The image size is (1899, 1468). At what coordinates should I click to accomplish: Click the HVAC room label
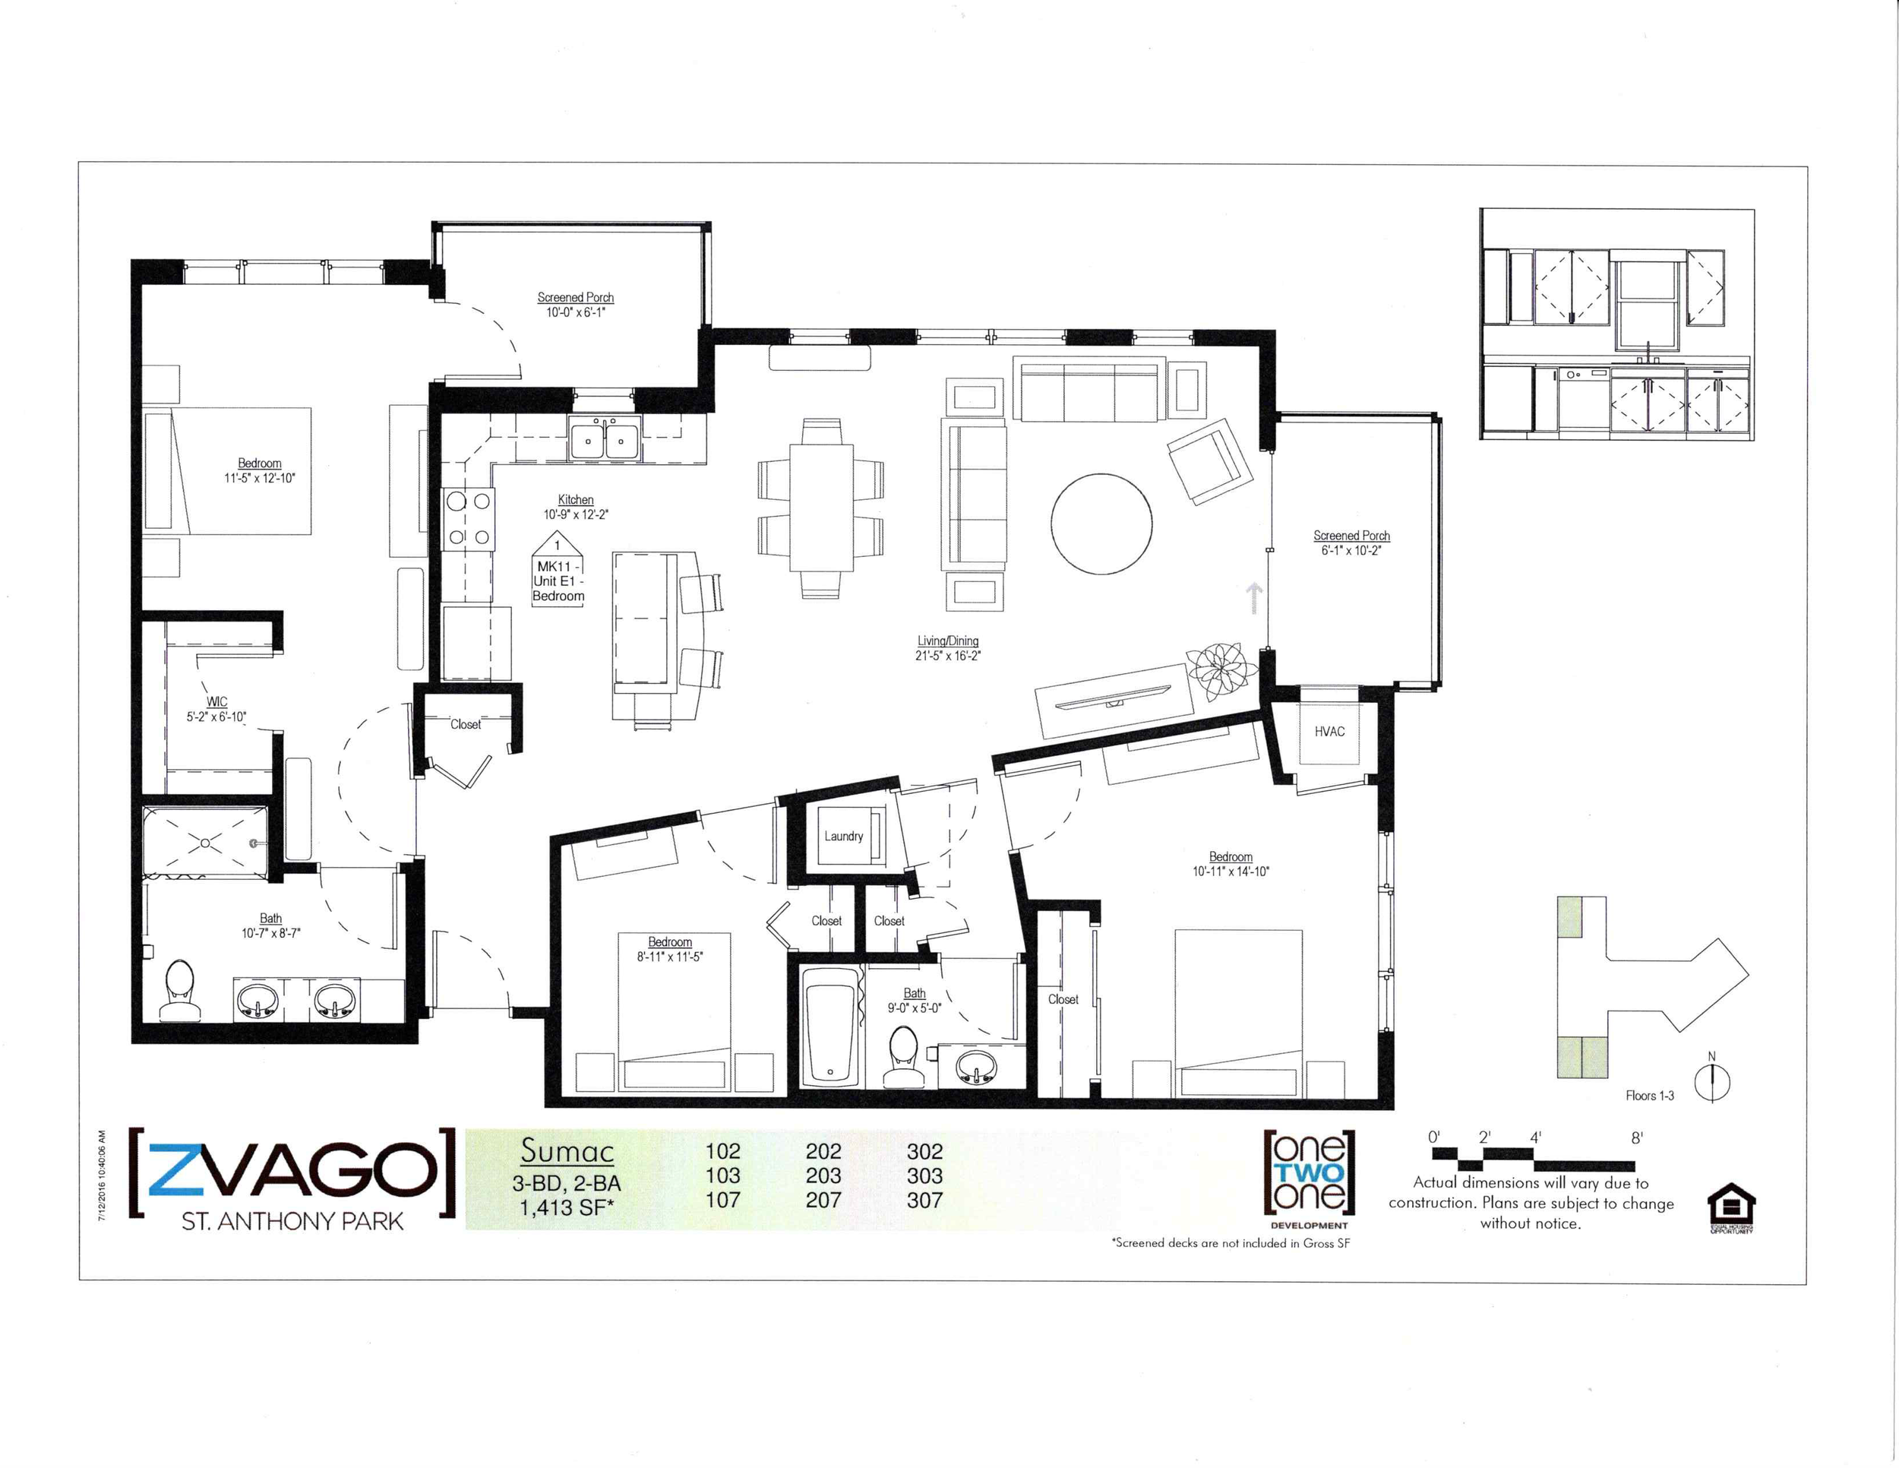tap(1329, 732)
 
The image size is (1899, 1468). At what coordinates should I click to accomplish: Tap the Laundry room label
tap(843, 836)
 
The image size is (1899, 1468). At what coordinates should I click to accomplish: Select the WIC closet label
tap(216, 702)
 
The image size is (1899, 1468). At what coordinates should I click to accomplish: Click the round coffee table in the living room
tap(1101, 524)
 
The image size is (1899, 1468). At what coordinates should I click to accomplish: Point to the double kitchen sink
tap(605, 438)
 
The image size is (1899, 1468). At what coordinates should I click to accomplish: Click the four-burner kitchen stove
tap(469, 519)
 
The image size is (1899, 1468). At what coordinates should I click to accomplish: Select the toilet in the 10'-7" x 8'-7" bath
tap(180, 989)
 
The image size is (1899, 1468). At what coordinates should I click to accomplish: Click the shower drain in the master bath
tap(205, 842)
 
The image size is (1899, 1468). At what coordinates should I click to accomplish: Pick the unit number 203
tap(823, 1175)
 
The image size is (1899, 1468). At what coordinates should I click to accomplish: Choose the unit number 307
tap(924, 1200)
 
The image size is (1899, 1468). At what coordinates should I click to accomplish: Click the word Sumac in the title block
tap(567, 1150)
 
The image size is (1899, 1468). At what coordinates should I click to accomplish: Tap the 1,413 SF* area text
tap(567, 1207)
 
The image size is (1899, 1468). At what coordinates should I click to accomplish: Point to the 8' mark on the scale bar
tap(1636, 1138)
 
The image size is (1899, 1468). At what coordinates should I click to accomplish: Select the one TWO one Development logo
tap(1309, 1179)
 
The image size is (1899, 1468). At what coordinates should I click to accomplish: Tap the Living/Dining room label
tap(948, 641)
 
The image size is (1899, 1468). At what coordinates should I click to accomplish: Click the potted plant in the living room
tap(1221, 669)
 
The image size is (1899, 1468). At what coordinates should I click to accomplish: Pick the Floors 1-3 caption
tap(1649, 1096)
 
